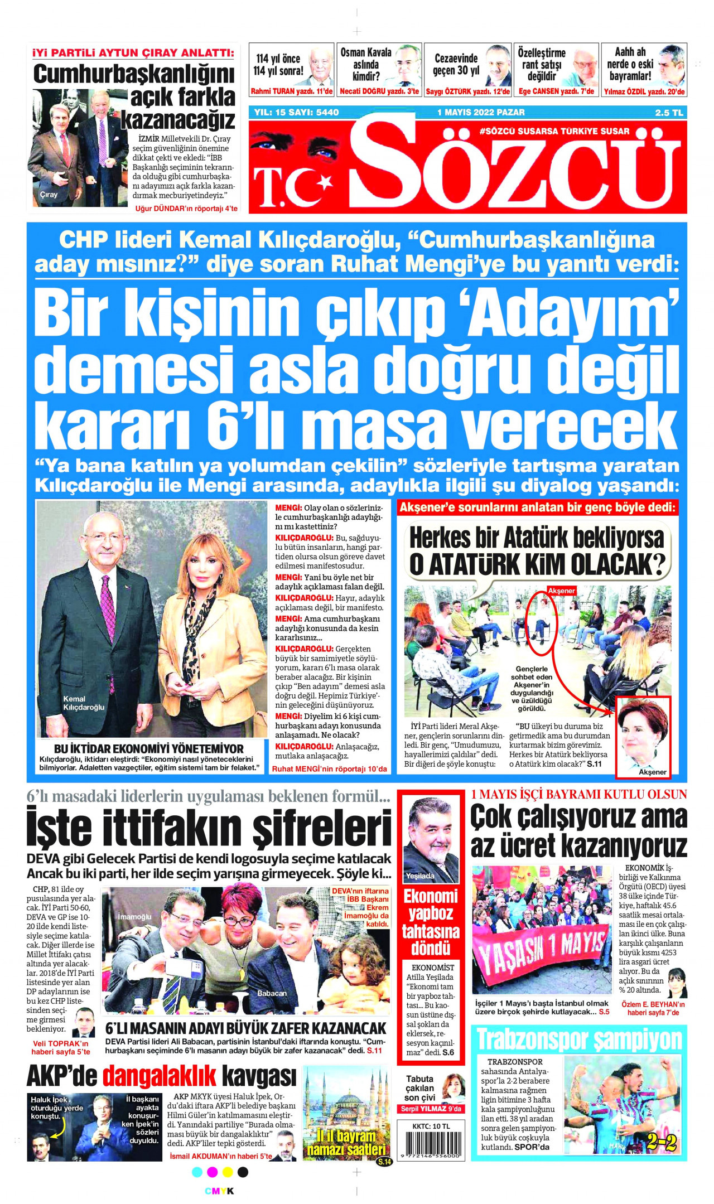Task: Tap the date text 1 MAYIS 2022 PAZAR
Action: tap(481, 112)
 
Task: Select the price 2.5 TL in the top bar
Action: tap(669, 113)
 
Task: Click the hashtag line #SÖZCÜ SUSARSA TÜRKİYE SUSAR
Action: tap(554, 132)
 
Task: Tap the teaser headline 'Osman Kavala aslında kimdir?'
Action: tap(366, 64)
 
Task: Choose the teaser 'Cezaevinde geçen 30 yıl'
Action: tap(456, 64)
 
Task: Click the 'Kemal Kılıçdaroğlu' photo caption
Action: tap(84, 703)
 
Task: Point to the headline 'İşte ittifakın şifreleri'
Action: tap(209, 829)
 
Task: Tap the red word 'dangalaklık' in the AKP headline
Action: tap(160, 1076)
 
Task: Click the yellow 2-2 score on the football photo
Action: tap(662, 1143)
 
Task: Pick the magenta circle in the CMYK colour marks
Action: tap(213, 1172)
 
